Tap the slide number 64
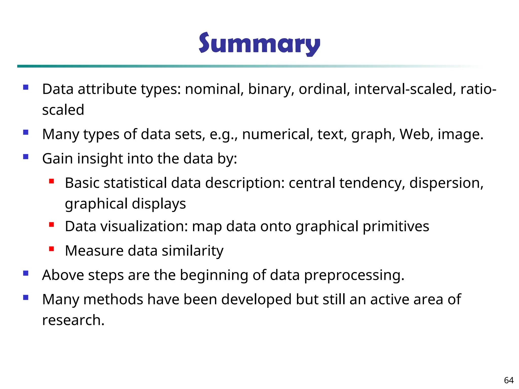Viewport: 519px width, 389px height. tap(509, 380)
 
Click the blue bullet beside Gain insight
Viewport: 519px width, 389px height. tap(26, 157)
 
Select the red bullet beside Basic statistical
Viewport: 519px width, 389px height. tap(51, 181)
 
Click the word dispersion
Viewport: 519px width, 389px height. tap(446, 183)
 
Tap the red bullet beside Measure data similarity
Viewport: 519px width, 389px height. tap(51, 249)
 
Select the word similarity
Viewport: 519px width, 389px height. tap(193, 251)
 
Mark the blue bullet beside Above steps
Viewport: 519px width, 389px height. tap(26, 273)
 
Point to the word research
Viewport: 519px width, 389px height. tap(73, 320)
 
